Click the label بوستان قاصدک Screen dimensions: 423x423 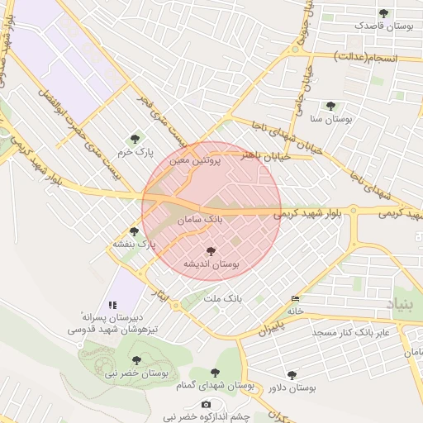tap(384, 26)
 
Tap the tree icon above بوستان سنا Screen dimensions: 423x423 tap(331, 106)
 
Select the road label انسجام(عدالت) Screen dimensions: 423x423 tap(366, 58)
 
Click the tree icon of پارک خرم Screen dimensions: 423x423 tap(135, 139)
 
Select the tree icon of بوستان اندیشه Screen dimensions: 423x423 tap(211, 250)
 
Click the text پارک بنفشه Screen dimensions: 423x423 tap(135, 245)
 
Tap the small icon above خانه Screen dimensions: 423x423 tap(296, 298)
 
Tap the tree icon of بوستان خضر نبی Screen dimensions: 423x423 tap(136, 360)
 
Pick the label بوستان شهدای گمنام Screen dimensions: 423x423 tap(216, 386)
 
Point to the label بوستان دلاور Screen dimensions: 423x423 tap(292, 387)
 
